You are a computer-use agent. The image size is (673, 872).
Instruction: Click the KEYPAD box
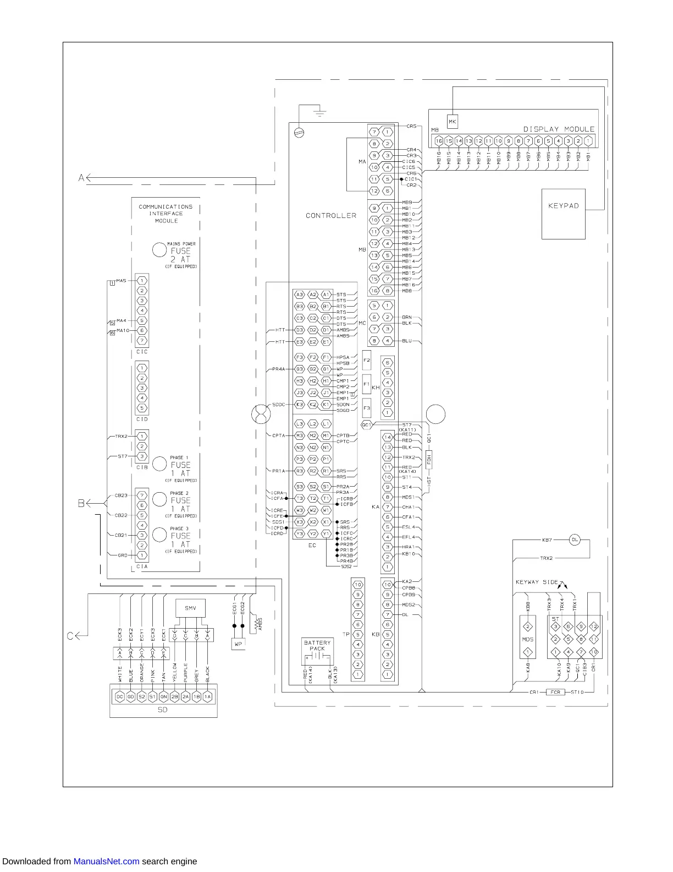(563, 214)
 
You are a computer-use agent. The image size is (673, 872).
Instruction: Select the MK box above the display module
(452, 122)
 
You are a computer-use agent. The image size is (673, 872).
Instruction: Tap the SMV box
(190, 608)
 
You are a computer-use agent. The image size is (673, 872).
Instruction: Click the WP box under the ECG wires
(238, 644)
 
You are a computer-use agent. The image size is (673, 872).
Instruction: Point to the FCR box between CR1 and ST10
(555, 692)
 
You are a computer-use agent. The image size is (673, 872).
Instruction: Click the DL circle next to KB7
(575, 539)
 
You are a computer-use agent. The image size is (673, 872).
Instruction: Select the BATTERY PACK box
(317, 652)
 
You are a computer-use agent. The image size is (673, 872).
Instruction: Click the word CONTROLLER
(331, 216)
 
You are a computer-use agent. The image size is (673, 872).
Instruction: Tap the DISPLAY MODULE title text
(559, 129)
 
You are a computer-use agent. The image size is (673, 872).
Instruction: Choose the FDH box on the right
(429, 459)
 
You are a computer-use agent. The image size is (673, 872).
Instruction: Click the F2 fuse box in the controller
(367, 360)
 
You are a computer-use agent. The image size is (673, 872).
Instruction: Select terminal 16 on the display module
(439, 141)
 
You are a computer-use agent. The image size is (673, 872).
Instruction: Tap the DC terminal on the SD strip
(119, 696)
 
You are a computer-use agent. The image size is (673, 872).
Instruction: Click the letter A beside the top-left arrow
(81, 178)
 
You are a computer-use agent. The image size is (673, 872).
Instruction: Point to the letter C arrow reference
(70, 636)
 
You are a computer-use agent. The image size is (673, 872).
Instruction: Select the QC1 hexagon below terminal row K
(366, 424)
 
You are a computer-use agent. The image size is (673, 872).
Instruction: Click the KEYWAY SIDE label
(537, 582)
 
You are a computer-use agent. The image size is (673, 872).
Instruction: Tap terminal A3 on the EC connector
(300, 295)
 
